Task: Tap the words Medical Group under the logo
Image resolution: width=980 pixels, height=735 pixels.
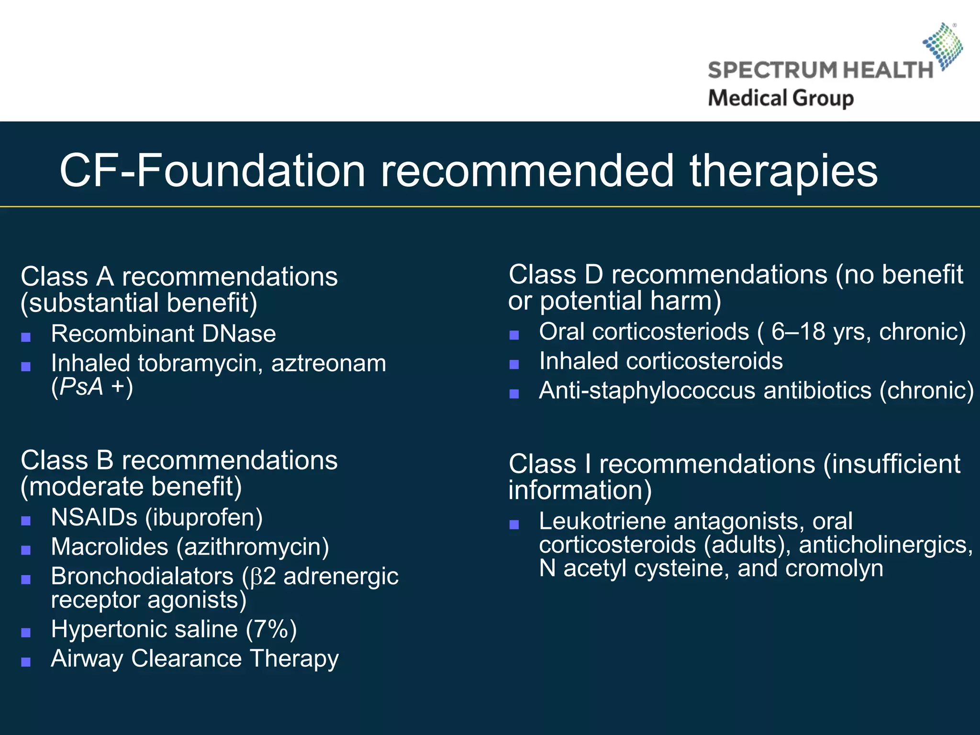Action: (x=780, y=98)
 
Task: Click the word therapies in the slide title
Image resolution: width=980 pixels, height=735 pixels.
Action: (x=783, y=171)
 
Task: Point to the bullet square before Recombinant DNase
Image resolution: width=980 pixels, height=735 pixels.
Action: (x=26, y=337)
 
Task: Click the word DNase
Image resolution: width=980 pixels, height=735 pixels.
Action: (x=239, y=334)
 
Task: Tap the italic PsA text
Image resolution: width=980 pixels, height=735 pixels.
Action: (x=81, y=387)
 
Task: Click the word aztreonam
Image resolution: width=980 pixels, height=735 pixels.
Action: (x=329, y=363)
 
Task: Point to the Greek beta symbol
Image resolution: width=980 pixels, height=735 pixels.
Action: (x=256, y=577)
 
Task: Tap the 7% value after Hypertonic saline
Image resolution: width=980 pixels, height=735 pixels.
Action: (x=271, y=629)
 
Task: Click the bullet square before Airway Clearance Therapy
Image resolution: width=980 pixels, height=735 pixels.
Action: (x=26, y=662)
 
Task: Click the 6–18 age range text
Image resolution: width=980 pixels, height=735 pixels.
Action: (x=798, y=332)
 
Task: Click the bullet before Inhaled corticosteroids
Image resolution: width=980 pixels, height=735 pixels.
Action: (x=514, y=365)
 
